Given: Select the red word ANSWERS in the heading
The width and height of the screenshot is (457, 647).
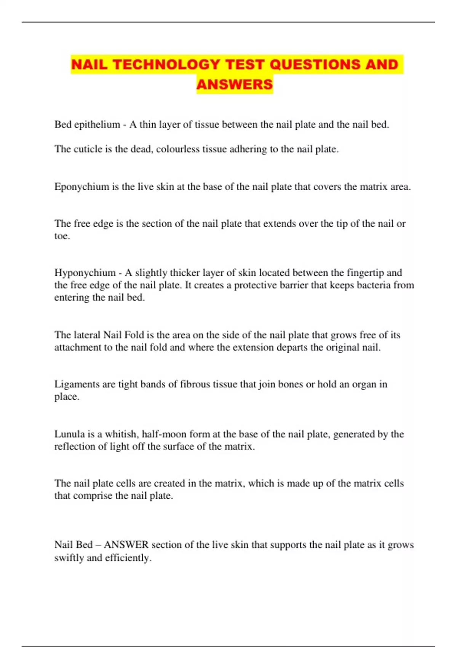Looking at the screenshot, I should pyautogui.click(x=235, y=84).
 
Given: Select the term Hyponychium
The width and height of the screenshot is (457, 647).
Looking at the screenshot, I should pyautogui.click(x=85, y=273).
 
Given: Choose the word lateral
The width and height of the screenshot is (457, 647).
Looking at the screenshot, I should pyautogui.click(x=87, y=335).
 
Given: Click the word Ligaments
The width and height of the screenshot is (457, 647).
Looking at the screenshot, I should pyautogui.click(x=77, y=384).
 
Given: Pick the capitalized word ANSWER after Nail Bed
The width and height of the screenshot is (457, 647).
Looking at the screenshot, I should pyautogui.click(x=126, y=545).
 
